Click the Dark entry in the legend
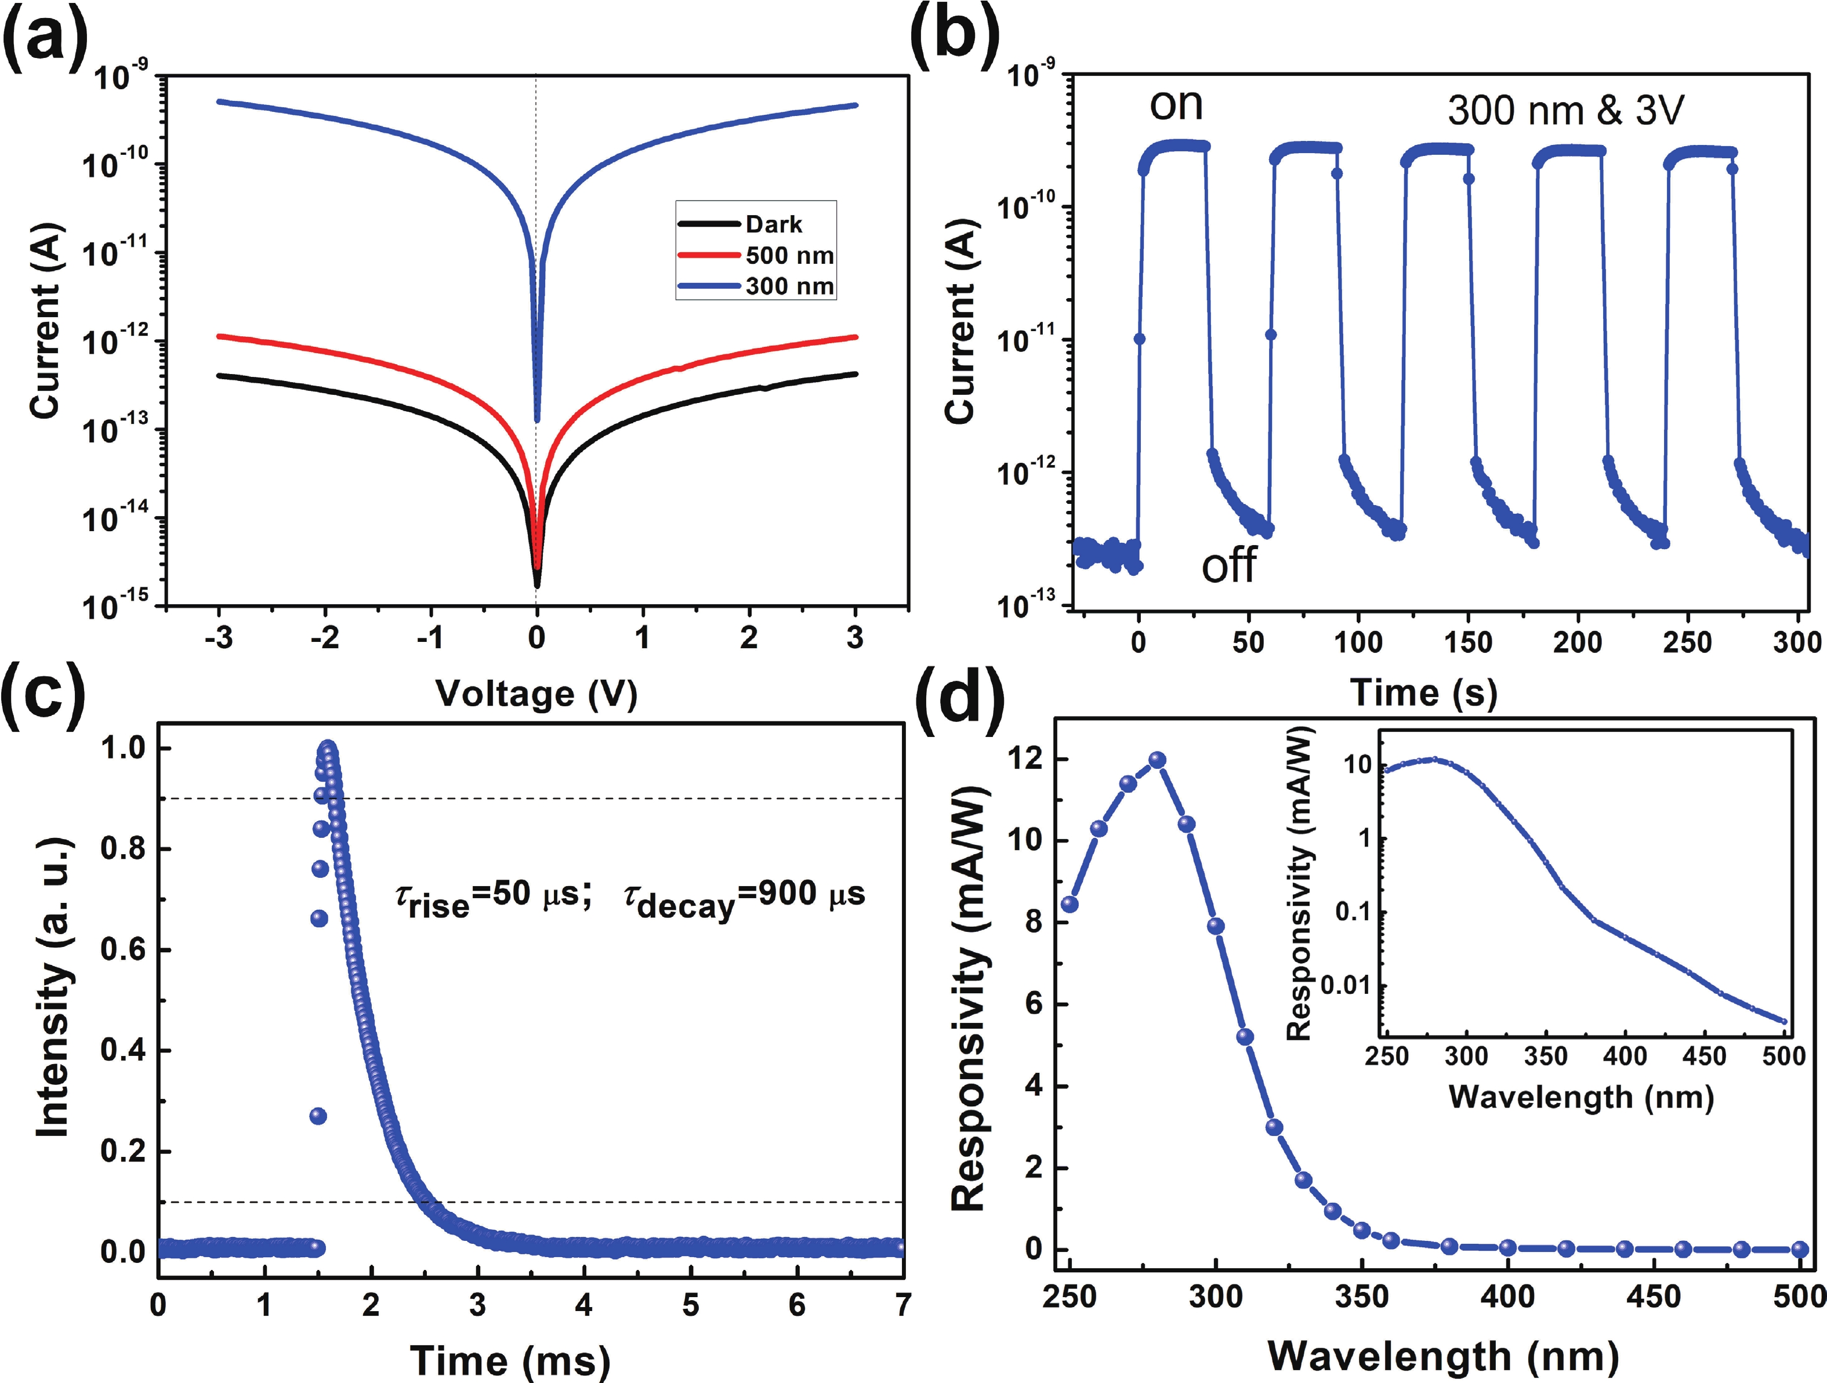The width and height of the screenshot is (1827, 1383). [x=773, y=224]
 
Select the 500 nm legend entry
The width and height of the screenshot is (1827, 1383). [x=789, y=255]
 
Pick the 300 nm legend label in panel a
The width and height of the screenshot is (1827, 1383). [x=789, y=286]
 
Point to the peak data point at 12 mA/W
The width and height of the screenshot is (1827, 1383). [x=1158, y=760]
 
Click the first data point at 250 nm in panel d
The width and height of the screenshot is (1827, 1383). [x=1070, y=904]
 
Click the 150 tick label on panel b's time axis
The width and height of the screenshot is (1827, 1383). [x=1468, y=641]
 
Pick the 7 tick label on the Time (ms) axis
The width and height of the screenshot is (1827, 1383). [x=902, y=1305]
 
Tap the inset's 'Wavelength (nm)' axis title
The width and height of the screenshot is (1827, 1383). [x=1581, y=1097]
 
